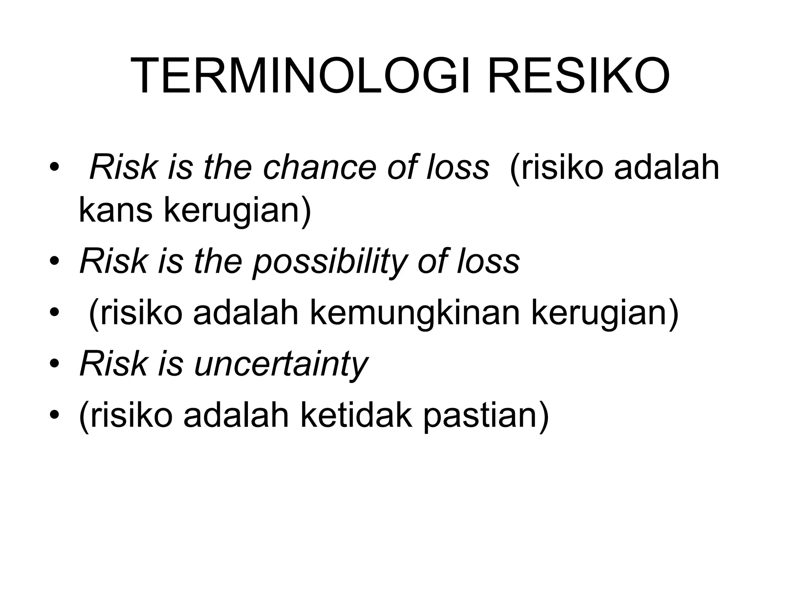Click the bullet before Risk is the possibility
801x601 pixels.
pyautogui.click(x=54, y=263)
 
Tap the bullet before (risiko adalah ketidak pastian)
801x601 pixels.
pyautogui.click(x=54, y=416)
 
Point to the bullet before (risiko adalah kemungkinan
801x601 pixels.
pyautogui.click(x=54, y=314)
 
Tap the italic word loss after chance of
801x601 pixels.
pyautogui.click(x=457, y=168)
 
